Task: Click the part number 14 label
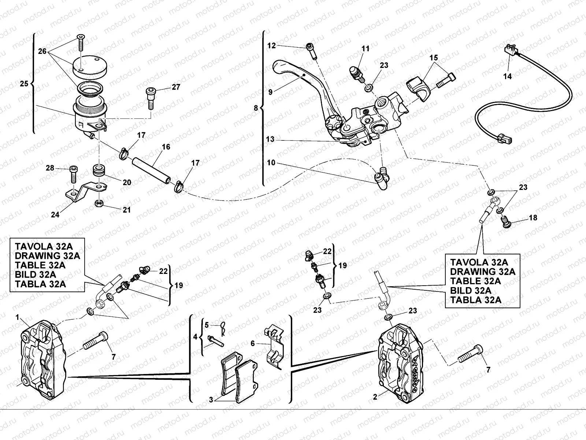tap(508, 76)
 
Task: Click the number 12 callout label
tap(271, 46)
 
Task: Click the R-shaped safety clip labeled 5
tap(223, 327)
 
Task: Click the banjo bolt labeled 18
tap(505, 222)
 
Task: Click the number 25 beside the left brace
tap(24, 83)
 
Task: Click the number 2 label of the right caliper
tap(375, 397)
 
